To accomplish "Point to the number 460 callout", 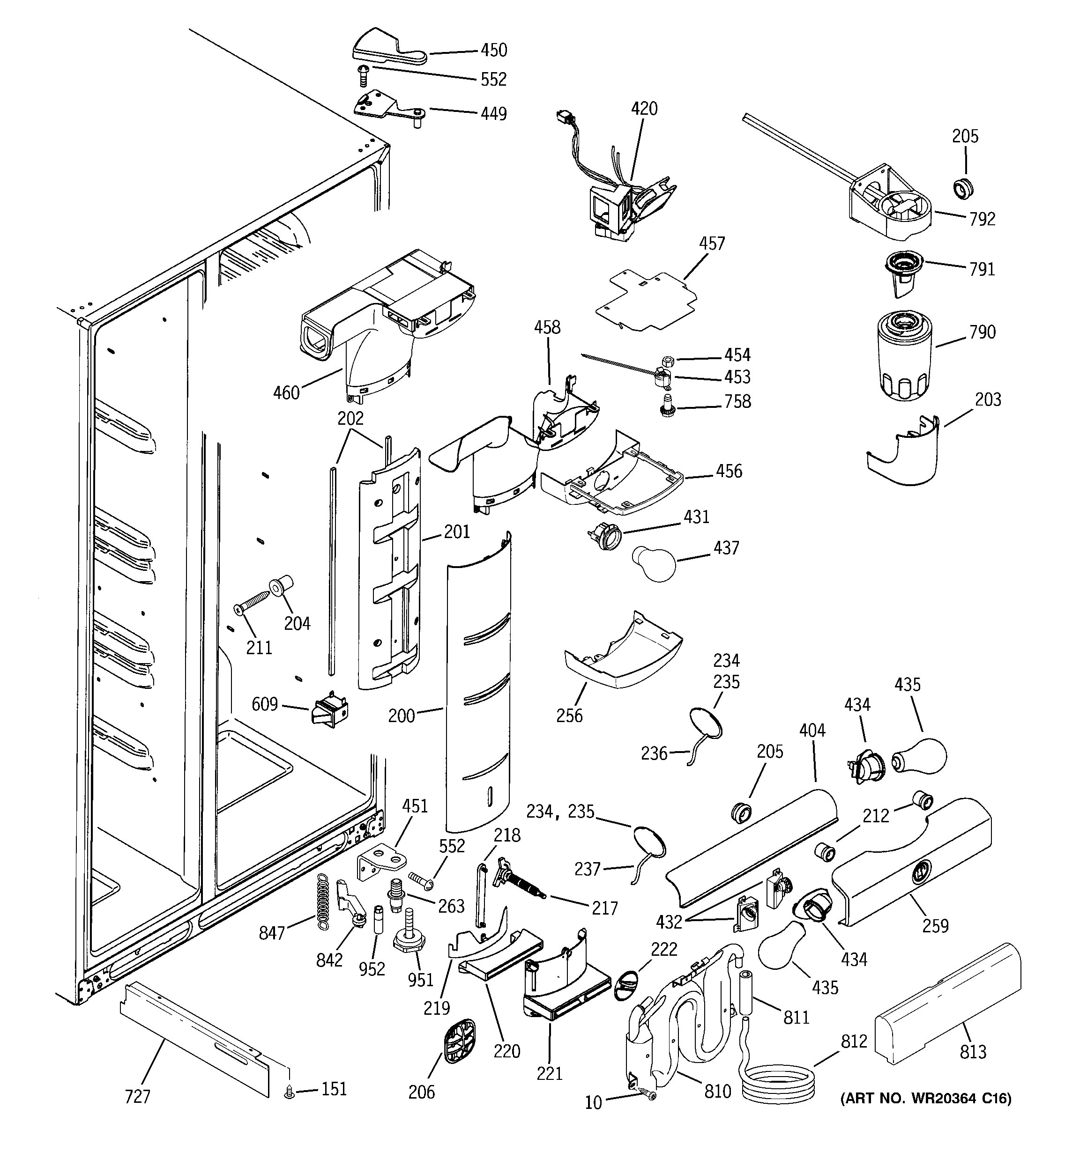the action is (x=286, y=393).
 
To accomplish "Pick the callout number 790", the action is (x=982, y=332).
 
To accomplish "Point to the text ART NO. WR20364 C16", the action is (x=925, y=1099).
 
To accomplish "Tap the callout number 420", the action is (x=644, y=109).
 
